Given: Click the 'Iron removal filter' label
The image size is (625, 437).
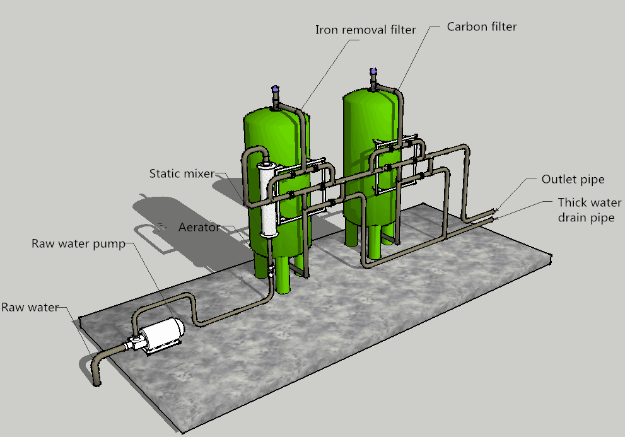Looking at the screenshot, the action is coord(365,30).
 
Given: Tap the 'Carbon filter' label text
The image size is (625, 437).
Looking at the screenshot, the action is coord(481,26).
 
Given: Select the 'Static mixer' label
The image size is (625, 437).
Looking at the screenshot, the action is coord(182,173).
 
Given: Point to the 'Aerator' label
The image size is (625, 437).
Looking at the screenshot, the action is coord(199,227).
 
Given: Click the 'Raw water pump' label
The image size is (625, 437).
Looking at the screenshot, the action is coord(79,243).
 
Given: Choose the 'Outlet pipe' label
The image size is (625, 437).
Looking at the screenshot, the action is coord(573,180).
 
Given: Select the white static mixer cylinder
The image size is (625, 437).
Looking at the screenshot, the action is coord(267,199).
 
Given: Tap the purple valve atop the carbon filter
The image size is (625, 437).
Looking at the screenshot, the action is coord(373,72).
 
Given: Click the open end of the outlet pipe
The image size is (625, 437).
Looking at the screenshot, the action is coord(496,209).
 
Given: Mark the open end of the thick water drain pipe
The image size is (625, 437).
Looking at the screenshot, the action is coord(494,218).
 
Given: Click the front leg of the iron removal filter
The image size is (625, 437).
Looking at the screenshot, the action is coord(283,275).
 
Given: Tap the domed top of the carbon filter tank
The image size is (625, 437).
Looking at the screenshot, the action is coord(373,96).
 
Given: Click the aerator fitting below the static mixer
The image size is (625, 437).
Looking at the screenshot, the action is coord(271,272).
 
